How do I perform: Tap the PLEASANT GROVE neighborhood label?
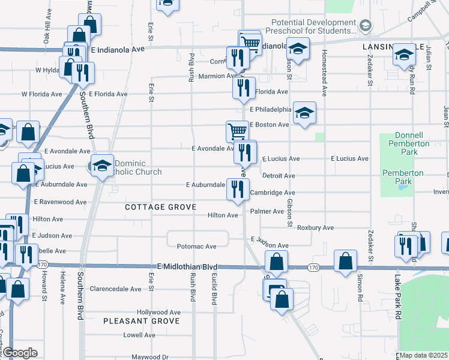[x=141, y=321]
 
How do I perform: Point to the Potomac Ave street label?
[x=197, y=247]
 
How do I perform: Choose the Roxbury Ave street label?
[x=315, y=228]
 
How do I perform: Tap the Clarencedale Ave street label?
[x=115, y=289]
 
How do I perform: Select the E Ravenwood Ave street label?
[x=61, y=202]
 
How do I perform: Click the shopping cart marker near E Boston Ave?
[x=237, y=131]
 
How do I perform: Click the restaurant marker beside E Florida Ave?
[x=244, y=88]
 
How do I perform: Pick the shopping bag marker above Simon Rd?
[x=345, y=262]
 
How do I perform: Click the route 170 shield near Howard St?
[x=42, y=264]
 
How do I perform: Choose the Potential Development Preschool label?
[x=313, y=27]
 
